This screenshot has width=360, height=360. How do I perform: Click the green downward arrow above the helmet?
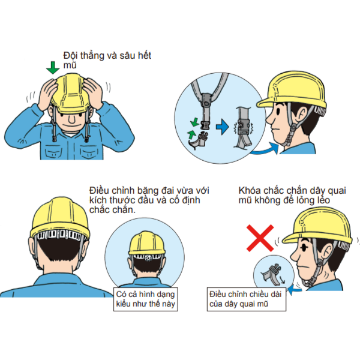tap(53, 67)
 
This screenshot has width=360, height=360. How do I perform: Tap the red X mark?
tap(260, 238)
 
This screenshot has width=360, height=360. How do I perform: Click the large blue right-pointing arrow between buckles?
tap(222, 127)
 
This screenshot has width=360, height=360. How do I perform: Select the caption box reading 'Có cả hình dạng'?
tap(146, 299)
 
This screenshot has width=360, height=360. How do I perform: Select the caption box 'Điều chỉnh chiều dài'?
tap(247, 299)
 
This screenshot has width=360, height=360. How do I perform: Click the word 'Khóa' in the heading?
tap(250, 191)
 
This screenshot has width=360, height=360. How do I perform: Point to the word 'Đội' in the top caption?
tap(71, 56)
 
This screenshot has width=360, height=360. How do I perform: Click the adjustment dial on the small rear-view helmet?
tap(148, 257)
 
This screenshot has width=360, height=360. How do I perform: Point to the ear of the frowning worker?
tap(327, 248)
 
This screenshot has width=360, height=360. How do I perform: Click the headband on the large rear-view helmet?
tap(60, 235)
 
